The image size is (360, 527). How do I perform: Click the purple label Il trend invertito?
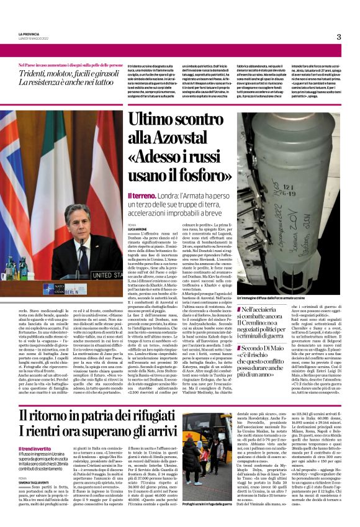tap(35, 448)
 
